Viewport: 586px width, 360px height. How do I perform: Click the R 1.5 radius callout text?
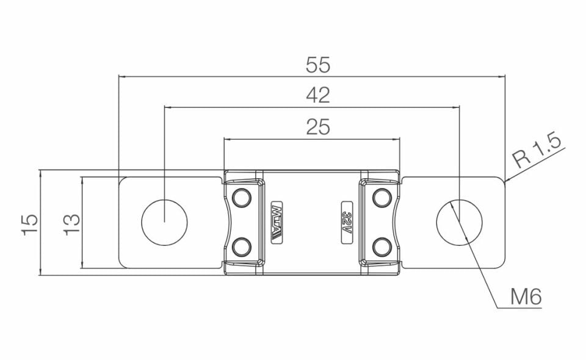[537, 152]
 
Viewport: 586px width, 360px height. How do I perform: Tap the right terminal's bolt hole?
[460, 221]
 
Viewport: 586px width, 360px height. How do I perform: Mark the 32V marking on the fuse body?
[347, 221]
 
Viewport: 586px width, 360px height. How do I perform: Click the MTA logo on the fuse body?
[275, 221]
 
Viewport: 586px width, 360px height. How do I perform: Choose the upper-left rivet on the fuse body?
[242, 198]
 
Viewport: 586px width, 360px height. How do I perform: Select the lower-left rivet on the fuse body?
[242, 246]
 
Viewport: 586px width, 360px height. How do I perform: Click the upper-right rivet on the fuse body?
[382, 198]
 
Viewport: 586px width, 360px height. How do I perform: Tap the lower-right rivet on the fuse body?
[382, 246]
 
